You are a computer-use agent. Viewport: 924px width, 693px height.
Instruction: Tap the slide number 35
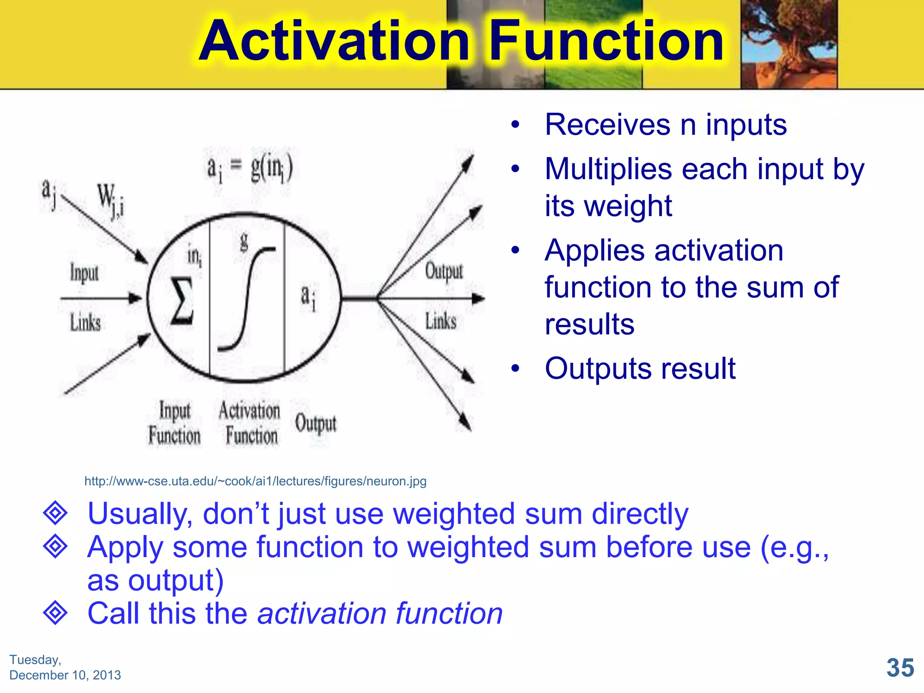900,667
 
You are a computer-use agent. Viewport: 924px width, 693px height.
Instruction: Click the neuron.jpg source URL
255,481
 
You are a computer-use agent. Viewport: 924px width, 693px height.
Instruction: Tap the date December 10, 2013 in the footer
65,675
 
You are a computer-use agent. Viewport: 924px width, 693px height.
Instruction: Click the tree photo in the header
789,44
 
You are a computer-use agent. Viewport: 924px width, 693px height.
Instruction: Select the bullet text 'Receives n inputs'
665,125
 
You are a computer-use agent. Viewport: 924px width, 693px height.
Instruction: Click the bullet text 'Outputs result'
640,369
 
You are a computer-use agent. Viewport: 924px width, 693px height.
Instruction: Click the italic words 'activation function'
380,614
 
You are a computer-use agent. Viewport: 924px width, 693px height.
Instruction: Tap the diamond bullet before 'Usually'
55,513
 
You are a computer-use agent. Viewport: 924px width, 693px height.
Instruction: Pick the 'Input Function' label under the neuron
175,423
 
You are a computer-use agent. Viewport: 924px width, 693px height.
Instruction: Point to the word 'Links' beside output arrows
440,321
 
